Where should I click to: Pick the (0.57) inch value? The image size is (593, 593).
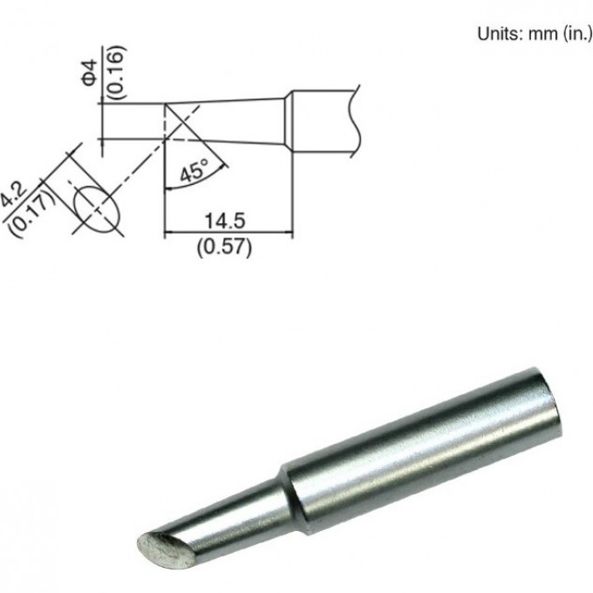225,247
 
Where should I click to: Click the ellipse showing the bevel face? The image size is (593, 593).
96,207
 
